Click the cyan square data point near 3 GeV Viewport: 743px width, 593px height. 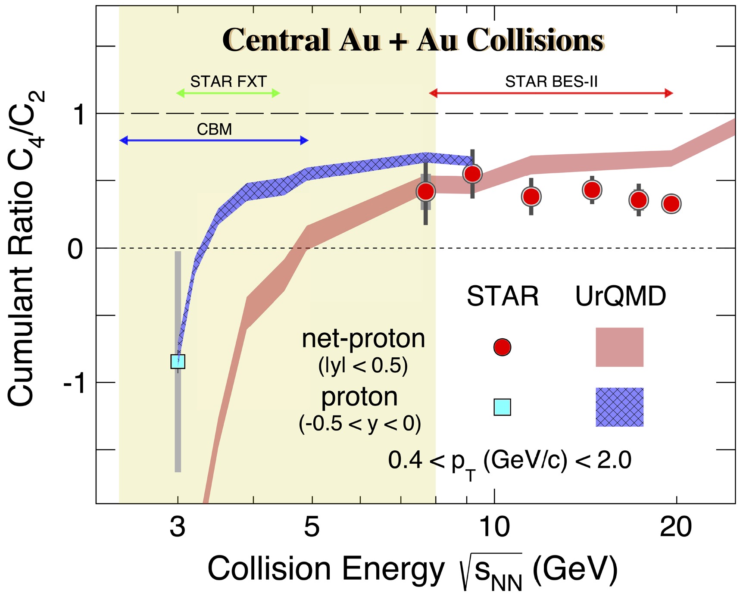pos(178,361)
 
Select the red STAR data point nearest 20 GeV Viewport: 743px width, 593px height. pos(671,204)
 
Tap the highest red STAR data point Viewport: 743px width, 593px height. pos(472,174)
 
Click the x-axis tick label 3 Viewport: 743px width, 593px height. pos(178,527)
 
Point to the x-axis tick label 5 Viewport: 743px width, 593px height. pos(312,527)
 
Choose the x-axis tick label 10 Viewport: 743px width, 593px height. pos(494,527)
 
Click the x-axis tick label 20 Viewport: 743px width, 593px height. pos(676,527)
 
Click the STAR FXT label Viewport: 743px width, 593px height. pos(228,81)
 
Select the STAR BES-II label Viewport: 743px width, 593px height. pos(551,81)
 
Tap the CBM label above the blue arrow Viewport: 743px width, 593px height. pos(214,129)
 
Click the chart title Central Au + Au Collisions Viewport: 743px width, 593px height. pos(412,40)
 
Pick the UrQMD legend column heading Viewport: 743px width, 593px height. pos(621,296)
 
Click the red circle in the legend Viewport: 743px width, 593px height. pos(502,347)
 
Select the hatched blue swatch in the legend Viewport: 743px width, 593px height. pos(619,407)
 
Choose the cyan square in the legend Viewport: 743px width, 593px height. pos(502,407)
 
